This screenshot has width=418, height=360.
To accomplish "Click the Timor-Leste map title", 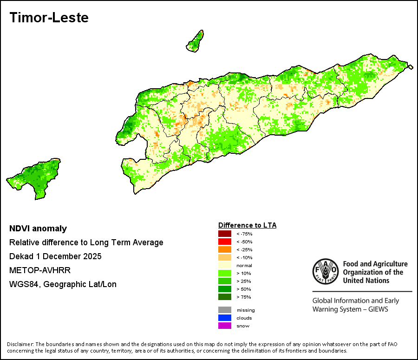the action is [x=49, y=18].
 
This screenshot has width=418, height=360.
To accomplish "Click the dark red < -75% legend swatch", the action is [x=225, y=234].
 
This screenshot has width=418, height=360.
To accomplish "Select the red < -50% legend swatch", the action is [x=225, y=242].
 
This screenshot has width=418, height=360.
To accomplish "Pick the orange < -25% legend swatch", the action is [x=225, y=249].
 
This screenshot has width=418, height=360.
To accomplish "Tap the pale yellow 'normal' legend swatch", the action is [x=225, y=265].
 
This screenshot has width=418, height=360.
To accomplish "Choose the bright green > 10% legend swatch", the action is [x=225, y=273].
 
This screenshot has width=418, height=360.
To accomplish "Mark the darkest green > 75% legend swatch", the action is [x=225, y=297].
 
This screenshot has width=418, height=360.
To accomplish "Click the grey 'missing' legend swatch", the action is [x=225, y=310].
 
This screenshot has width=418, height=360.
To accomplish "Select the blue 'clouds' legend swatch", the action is [x=225, y=318].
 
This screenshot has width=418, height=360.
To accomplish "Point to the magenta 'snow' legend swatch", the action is [x=225, y=326].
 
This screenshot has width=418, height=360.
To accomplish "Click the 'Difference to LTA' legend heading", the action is [x=248, y=225].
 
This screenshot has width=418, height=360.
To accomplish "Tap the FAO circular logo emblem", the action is [x=326, y=271].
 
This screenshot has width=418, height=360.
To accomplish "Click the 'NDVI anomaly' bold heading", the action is [x=38, y=229].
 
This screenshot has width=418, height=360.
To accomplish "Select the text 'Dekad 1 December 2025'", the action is [x=55, y=256].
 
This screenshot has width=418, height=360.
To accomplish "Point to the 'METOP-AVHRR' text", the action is [x=40, y=270].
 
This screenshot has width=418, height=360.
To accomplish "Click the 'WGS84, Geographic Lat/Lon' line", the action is [x=63, y=284].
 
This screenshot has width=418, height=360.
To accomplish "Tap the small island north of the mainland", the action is [x=196, y=42].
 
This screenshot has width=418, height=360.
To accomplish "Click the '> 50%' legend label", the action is [x=244, y=289].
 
